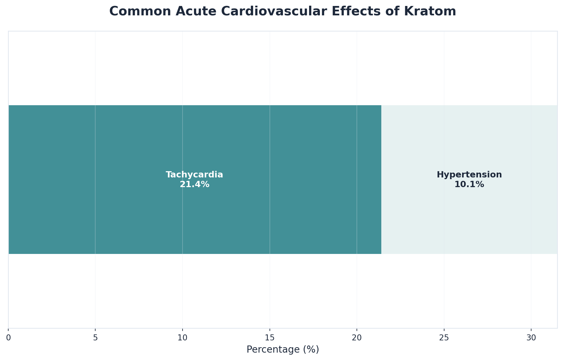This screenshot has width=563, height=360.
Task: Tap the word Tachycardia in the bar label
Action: [194, 175]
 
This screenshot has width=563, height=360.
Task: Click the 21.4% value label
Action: [194, 185]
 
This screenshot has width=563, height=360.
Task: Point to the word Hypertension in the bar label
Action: [469, 175]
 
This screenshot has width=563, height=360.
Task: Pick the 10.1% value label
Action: [469, 185]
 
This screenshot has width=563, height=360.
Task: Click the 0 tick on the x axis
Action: [8, 338]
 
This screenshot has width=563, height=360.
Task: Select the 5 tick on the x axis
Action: [95, 338]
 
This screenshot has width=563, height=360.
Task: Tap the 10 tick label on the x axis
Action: [182, 338]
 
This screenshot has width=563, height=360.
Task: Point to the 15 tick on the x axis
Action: [270, 338]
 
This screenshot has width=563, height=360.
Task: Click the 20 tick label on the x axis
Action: [357, 338]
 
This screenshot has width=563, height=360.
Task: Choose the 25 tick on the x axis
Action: [444, 338]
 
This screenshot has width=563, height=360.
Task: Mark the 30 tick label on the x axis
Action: [531, 338]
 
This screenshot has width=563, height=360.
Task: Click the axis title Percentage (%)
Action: [283, 349]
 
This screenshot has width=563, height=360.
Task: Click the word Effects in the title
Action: [367, 12]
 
